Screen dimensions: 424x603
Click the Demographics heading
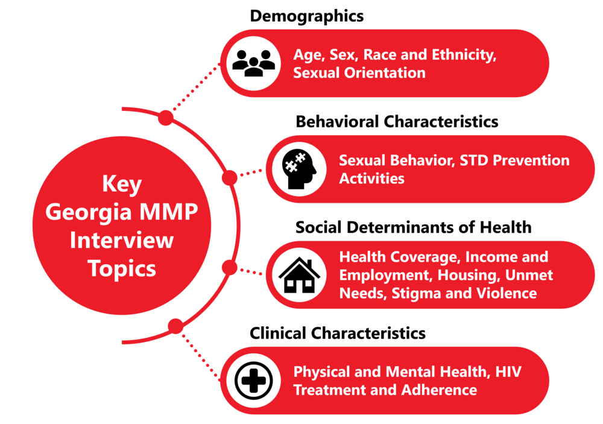click(x=306, y=16)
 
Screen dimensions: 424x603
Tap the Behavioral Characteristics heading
click(x=397, y=122)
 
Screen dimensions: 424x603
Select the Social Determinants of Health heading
click(x=413, y=227)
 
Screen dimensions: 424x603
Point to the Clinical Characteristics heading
click(x=338, y=333)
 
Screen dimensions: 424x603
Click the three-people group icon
click(x=253, y=63)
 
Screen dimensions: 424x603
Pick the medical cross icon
click(x=253, y=381)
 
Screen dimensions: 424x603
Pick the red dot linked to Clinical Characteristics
click(x=175, y=326)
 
